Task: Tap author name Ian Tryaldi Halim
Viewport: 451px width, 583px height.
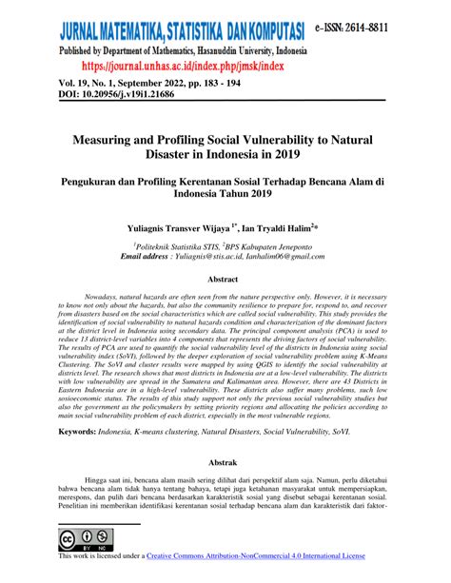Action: [x=280, y=229]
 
